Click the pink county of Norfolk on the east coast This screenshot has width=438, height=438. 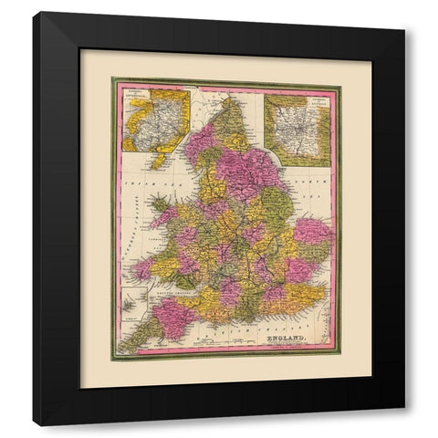pos(310,234)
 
